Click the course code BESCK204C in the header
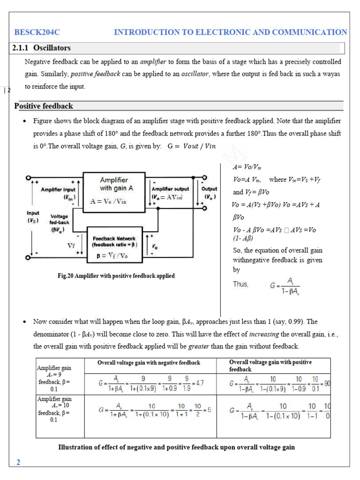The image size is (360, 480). [37, 32]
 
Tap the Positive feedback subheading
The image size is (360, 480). [44, 106]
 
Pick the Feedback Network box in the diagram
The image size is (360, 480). [115, 244]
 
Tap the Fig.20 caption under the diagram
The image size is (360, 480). [116, 276]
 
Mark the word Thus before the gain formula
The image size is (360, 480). [241, 284]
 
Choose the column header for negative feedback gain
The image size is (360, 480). [149, 363]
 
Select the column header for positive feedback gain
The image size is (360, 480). [270, 366]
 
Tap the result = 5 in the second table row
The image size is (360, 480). [207, 409]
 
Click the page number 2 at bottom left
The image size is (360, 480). [18, 463]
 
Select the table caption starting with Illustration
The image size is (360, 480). [176, 447]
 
